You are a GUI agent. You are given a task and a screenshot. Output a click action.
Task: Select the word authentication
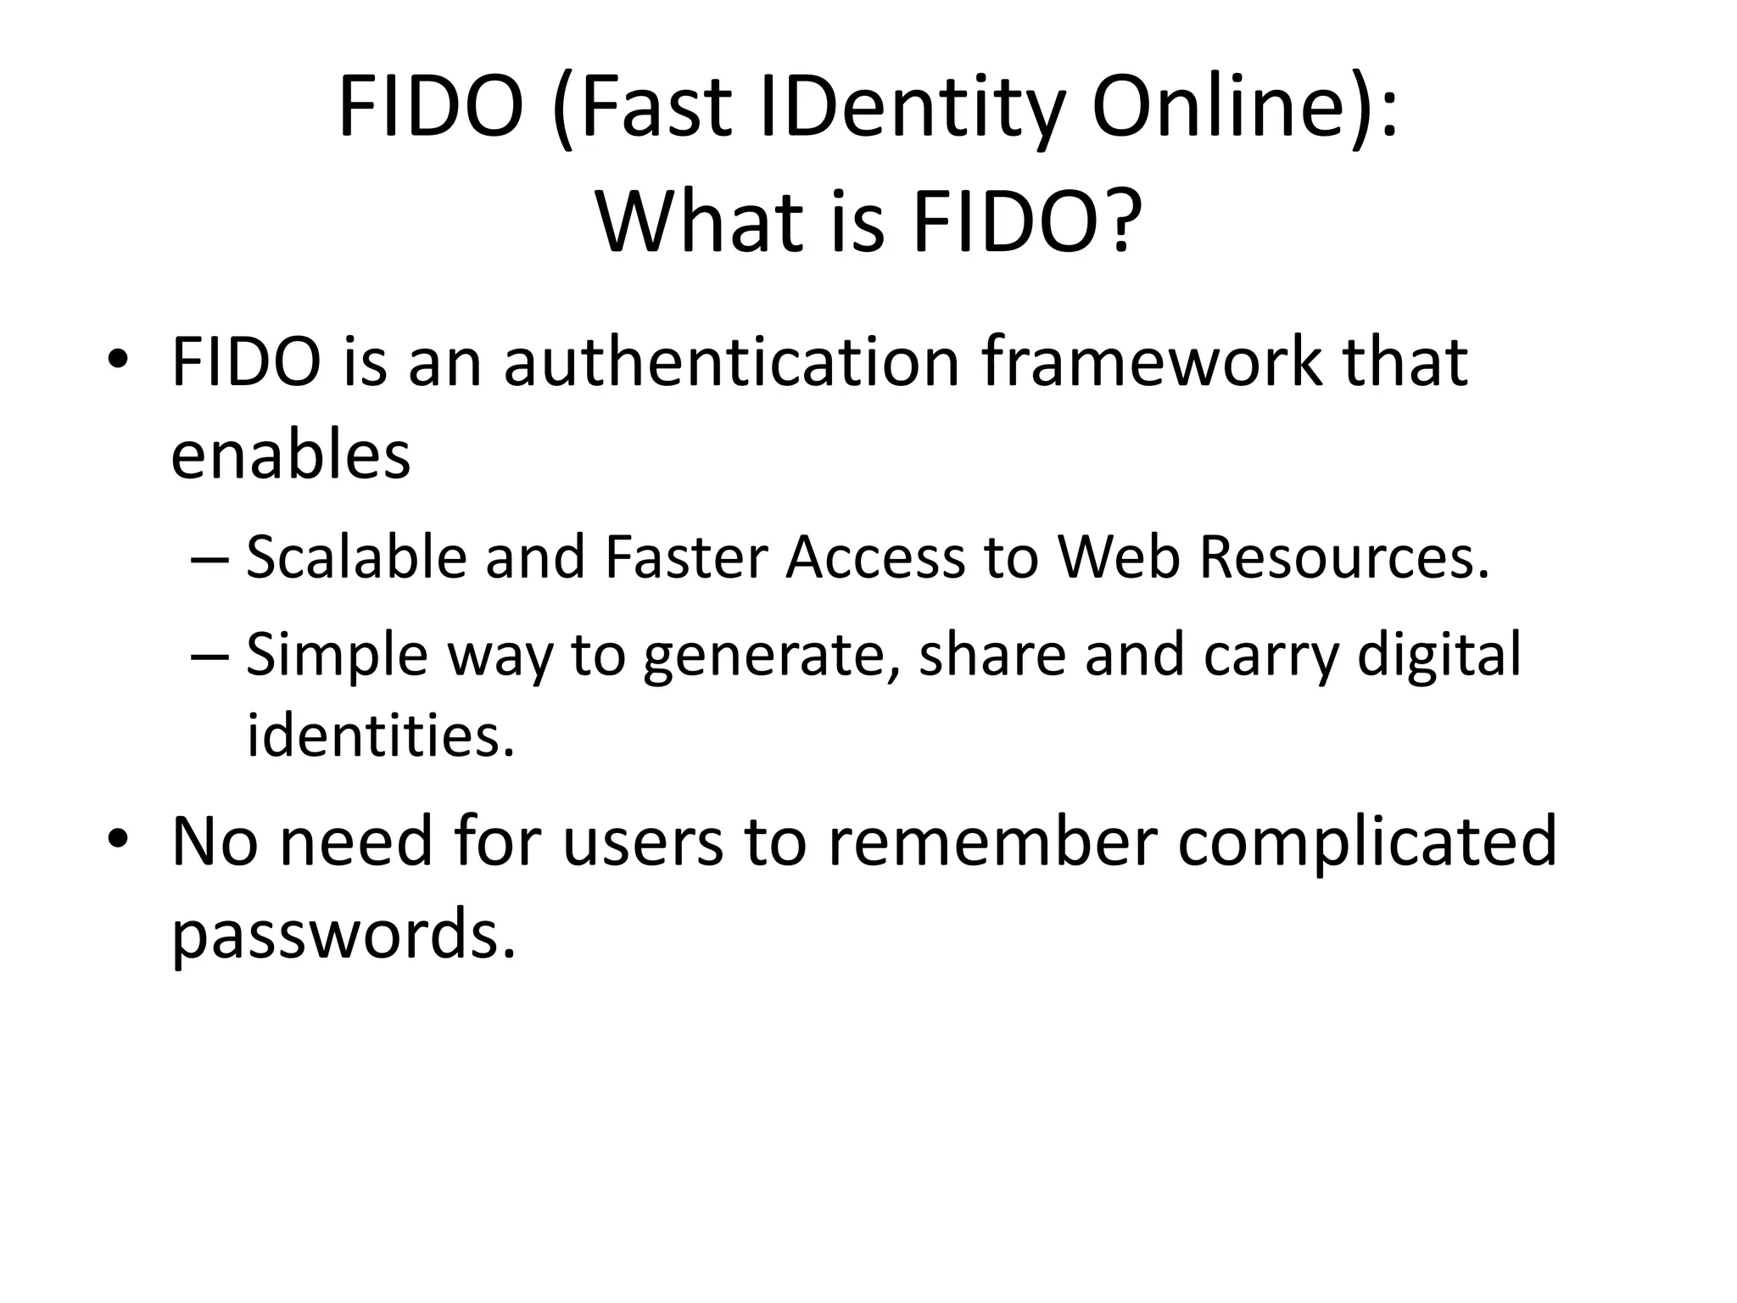tap(732, 363)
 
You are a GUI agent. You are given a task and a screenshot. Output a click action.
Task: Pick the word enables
tap(290, 455)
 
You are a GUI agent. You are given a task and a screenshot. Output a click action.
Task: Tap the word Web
tap(1120, 558)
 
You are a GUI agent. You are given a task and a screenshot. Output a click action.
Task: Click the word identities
tap(381, 735)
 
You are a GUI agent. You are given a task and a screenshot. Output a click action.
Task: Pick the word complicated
tap(1367, 842)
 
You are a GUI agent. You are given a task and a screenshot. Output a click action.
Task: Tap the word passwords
tap(343, 932)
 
